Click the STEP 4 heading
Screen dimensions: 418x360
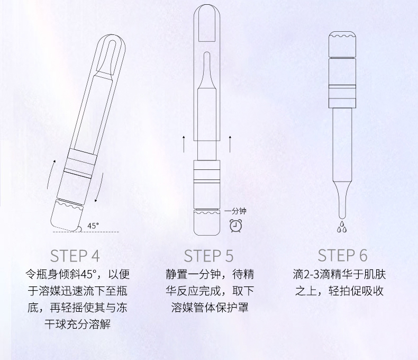75,256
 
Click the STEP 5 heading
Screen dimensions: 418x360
208,256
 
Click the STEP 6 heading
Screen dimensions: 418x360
342,255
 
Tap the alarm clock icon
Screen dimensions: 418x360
236,226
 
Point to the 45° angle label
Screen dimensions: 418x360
93,226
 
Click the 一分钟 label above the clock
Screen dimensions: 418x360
235,211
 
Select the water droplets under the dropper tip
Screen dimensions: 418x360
341,227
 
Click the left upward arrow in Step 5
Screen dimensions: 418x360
184,144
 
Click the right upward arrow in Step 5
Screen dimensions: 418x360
230,144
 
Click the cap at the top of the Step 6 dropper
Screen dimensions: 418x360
342,44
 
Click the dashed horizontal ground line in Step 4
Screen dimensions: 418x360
86,232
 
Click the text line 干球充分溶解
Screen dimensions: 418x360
77,325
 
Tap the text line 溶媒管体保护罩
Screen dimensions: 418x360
210,307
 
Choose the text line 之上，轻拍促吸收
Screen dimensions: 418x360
339,291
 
